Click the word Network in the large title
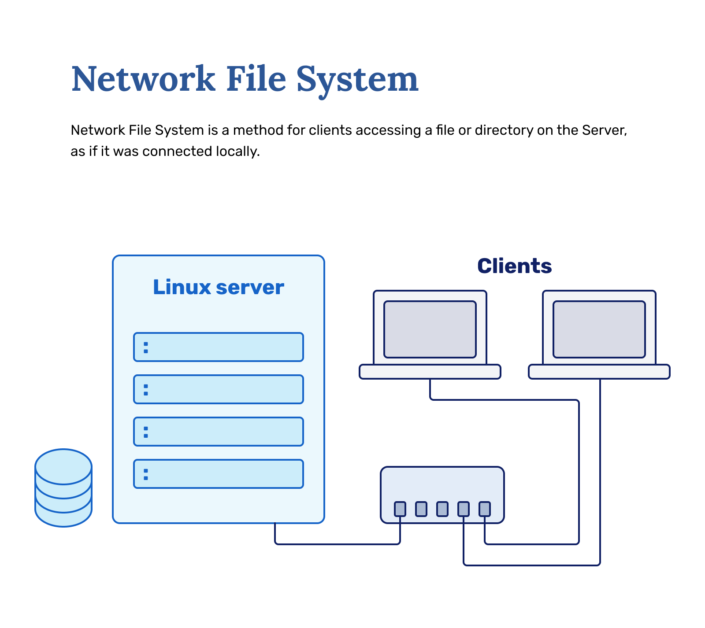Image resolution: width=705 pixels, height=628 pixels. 143,79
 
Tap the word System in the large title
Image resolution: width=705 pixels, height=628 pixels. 357,79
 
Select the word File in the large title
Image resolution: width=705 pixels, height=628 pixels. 256,79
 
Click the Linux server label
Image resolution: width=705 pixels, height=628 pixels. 218,287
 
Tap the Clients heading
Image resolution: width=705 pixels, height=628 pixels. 514,266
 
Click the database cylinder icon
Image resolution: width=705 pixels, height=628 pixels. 63,488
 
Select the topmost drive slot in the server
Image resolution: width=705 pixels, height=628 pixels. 219,347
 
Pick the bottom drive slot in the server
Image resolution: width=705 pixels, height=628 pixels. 219,474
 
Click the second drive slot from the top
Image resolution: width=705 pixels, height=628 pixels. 219,389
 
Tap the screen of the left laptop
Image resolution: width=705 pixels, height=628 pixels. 430,329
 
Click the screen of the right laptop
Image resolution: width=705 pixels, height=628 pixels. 599,329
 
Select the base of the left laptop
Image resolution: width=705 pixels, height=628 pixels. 430,372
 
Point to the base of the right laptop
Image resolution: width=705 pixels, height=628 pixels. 599,372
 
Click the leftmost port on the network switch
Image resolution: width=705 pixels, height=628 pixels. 400,509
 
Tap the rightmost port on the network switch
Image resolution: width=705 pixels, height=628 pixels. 485,509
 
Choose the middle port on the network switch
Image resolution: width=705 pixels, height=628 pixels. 442,509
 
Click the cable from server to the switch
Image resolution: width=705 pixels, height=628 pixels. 337,544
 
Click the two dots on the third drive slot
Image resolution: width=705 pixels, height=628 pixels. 146,432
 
